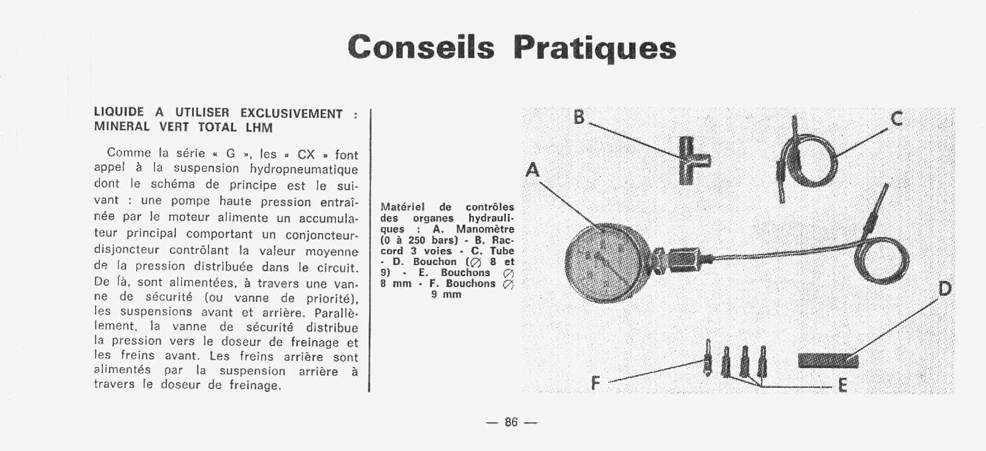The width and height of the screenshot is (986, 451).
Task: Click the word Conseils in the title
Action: (421, 47)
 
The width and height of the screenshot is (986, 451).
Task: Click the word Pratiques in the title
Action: (594, 48)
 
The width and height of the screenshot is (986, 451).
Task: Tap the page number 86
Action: (511, 422)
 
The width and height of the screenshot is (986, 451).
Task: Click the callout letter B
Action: (579, 117)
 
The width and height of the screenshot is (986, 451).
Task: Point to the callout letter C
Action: (896, 118)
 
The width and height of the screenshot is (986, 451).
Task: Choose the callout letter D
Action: (945, 288)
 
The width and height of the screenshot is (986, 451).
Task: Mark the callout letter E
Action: (843, 385)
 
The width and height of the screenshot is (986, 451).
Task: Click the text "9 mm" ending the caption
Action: (446, 295)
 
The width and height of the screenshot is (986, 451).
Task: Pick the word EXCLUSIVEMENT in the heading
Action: (291, 114)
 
